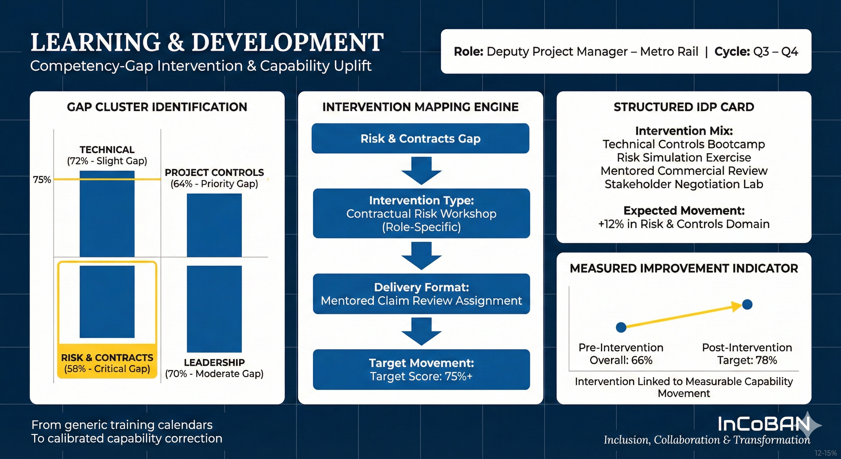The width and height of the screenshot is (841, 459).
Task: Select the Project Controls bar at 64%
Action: coord(214,225)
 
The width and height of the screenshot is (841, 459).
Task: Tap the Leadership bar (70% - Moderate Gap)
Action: coord(214,309)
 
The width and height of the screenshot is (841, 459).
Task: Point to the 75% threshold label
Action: coord(42,180)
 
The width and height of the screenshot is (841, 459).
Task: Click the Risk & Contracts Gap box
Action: coord(420,139)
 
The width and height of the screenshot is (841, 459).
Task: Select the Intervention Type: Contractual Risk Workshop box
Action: coord(421,213)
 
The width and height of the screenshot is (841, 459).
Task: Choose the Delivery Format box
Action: coord(421,294)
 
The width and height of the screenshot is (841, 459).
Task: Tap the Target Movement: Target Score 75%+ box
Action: coord(421,369)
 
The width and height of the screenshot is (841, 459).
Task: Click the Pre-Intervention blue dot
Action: coord(621,327)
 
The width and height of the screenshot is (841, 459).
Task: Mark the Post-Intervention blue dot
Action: coord(747,305)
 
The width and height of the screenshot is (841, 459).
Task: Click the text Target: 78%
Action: coord(747,360)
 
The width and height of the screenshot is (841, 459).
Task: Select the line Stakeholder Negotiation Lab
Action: coord(684,184)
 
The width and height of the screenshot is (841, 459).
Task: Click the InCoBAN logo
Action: coord(764,424)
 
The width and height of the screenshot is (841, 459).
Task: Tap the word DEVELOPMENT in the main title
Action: coord(287,42)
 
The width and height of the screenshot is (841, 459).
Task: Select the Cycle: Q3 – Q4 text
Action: coord(756,52)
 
